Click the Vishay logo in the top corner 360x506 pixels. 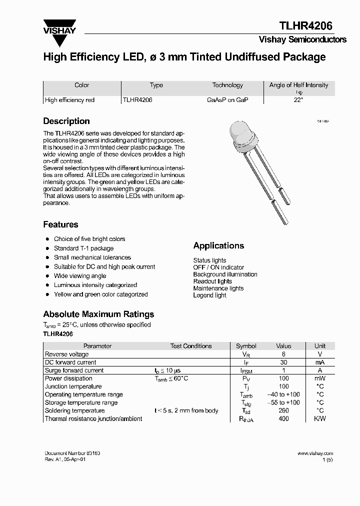point(59,26)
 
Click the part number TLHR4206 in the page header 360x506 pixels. point(305,26)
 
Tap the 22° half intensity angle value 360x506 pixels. point(298,100)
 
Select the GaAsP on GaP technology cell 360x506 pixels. point(227,100)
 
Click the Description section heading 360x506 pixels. point(66,121)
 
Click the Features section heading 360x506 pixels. point(60,224)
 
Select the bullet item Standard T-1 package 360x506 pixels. point(83,248)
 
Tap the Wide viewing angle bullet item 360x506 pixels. point(80,276)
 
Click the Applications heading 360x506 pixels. point(218,245)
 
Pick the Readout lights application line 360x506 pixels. point(212,281)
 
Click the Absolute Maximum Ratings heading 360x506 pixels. point(98,314)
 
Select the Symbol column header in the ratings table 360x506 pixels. point(246,346)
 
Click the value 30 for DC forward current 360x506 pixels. point(283,362)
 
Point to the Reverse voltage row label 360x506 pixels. point(67,354)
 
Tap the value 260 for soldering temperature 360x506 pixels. point(283,410)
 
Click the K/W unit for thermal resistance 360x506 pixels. point(319,418)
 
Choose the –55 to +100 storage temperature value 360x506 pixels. point(283,402)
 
